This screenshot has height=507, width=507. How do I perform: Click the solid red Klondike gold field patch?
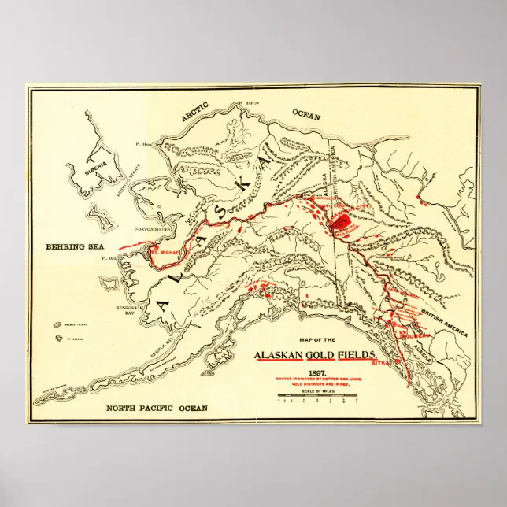pyautogui.click(x=340, y=223)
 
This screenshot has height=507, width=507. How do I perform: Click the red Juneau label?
pyautogui.click(x=416, y=333)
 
